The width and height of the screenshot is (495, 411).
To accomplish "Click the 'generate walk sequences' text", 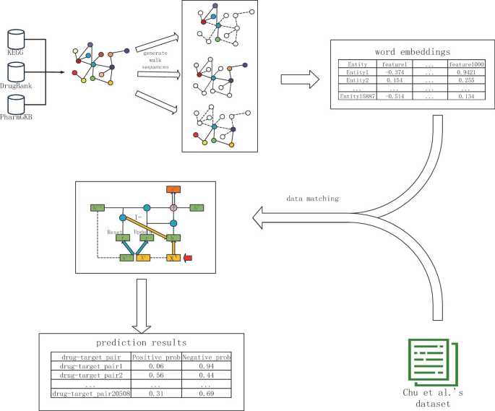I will tap(158, 62).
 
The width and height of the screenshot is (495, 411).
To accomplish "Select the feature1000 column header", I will tap(465, 64).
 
